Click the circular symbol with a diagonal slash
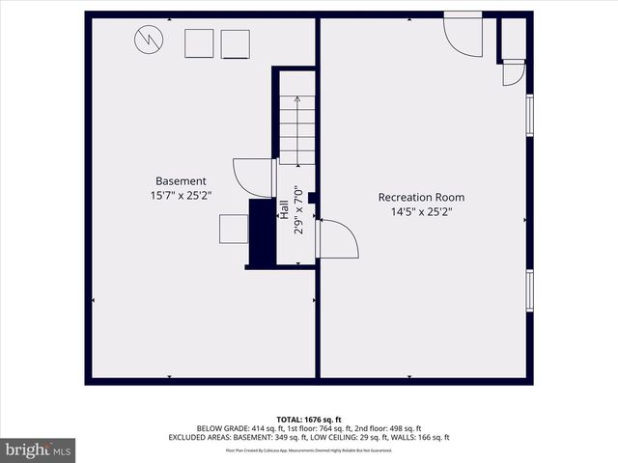148,40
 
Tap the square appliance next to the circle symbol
199,44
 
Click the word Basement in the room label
181,180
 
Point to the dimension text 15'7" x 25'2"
181,195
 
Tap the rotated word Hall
285,208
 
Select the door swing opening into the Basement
253,176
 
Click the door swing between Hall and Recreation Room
337,238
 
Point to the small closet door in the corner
513,73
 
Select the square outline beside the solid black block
234,231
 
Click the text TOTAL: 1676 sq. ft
309,420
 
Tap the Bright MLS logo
38,449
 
